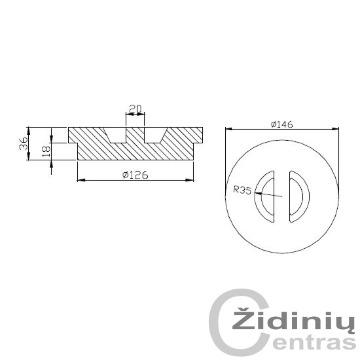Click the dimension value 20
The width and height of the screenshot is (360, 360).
[x=135, y=109]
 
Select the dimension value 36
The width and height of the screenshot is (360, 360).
[x=23, y=143]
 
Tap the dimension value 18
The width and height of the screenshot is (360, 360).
[x=46, y=151]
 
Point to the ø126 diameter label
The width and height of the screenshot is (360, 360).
[x=135, y=175]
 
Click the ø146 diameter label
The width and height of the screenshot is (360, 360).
[x=281, y=124]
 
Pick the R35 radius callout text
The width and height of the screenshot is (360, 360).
[x=242, y=190]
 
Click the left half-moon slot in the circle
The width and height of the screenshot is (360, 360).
[x=264, y=196]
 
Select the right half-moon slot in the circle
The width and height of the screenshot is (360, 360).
[x=299, y=196]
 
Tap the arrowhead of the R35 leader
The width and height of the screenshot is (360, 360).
[x=258, y=193]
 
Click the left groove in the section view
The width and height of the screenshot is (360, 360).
[x=115, y=135]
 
